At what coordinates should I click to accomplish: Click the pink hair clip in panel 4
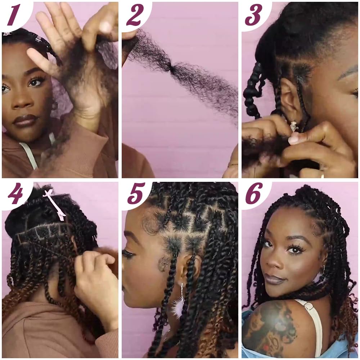pos(55,203)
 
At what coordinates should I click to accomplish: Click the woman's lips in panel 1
pos(25,120)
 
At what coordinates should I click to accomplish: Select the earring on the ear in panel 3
pos(294,126)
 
